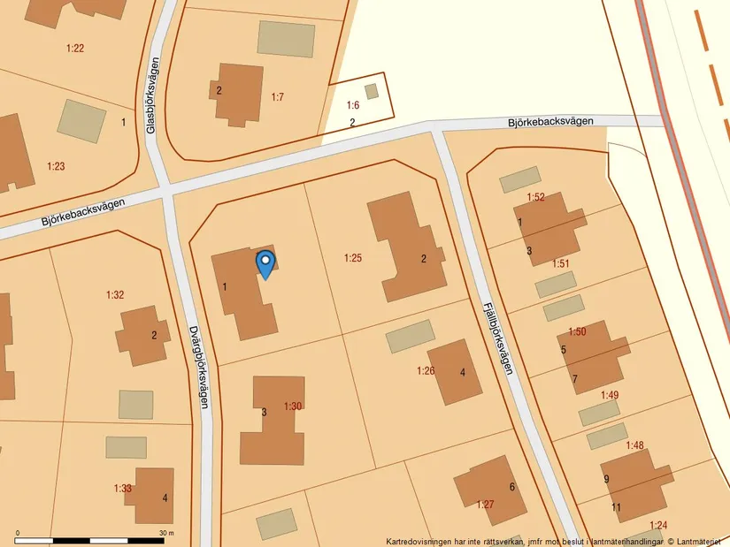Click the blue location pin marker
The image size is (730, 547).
[265, 263]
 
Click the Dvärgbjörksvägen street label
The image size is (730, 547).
[199, 366]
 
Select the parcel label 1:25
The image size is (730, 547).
[353, 258]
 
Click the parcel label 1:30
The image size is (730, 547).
[293, 406]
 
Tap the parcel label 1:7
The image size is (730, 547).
[277, 96]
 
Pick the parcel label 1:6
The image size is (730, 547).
[352, 105]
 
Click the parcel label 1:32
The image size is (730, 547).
[115, 294]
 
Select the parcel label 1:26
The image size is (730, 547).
[426, 370]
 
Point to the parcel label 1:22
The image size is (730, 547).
[75, 48]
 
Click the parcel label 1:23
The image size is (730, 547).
[56, 166]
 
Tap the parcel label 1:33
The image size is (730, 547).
[123, 488]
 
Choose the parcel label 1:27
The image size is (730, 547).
[485, 505]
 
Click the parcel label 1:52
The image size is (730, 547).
[535, 197]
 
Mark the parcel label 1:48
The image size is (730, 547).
[635, 445]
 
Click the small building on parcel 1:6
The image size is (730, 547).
[372, 91]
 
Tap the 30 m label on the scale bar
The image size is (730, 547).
[166, 533]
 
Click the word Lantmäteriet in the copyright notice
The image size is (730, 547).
[698, 542]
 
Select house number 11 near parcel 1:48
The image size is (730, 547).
[616, 506]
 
